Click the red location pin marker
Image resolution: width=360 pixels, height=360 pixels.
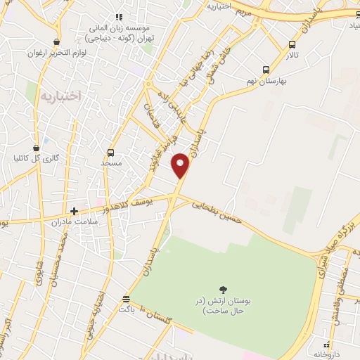point(181,165)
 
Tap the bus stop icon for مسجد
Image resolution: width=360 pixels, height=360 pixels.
point(110,153)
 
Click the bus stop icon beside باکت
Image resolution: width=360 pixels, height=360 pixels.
point(126,299)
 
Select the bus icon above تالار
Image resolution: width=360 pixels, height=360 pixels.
point(292,44)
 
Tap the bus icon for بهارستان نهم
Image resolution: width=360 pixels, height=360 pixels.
point(266,70)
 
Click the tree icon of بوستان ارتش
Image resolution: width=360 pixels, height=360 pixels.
point(223,289)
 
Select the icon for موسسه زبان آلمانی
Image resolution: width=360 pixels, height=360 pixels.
point(119,16)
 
